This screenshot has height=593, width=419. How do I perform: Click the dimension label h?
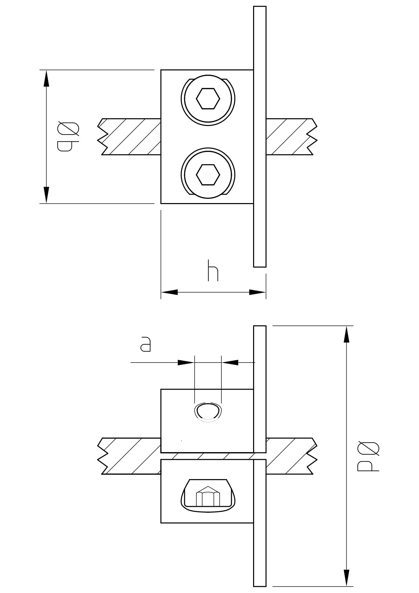point(213,271)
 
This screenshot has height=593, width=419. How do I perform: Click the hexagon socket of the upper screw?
point(208,99)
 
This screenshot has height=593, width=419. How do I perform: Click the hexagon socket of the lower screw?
point(208,175)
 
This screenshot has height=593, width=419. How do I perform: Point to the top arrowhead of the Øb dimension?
point(46,78)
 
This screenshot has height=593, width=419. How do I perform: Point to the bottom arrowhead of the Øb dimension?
point(46,195)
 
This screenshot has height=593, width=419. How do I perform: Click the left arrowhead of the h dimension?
point(169,292)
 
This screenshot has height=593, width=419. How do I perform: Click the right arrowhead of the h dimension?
point(257,292)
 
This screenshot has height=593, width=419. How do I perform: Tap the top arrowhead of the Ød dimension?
point(346,334)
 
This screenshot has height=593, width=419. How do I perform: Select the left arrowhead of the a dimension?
point(186,363)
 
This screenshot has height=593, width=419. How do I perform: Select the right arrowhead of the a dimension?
point(230,363)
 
